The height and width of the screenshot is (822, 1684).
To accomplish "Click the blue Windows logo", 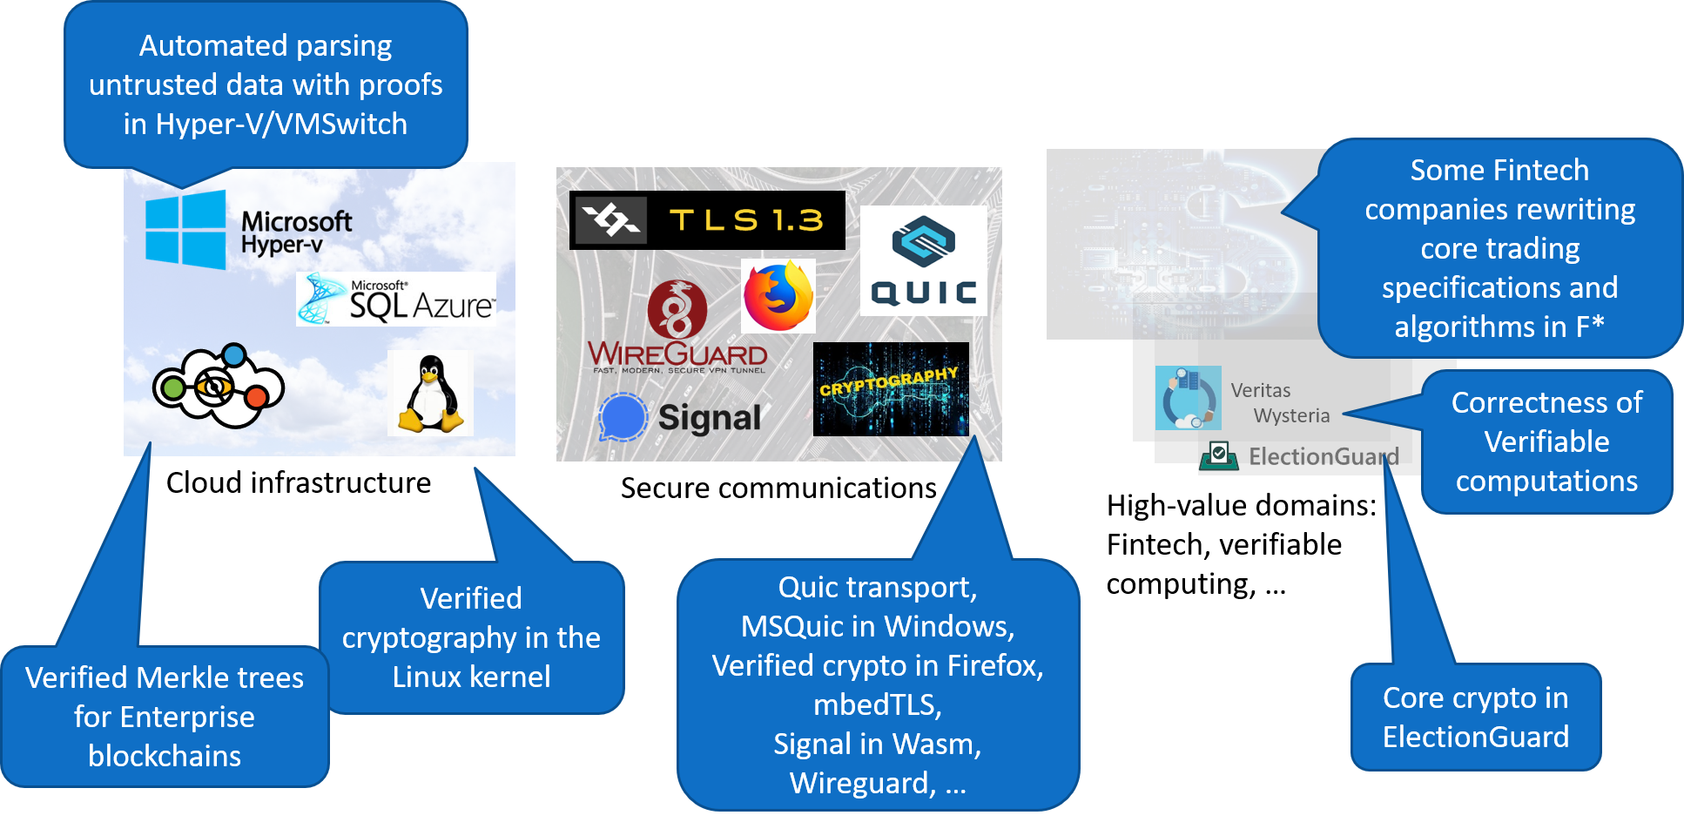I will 185,229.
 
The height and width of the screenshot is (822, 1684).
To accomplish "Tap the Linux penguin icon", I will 430,394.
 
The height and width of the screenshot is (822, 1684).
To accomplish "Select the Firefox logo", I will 778,296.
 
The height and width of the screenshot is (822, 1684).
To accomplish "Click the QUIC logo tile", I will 923,260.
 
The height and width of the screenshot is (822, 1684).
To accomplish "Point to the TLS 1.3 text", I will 746,220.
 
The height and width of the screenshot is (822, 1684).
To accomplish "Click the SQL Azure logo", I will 396,299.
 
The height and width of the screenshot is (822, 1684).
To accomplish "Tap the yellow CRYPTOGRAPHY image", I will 890,388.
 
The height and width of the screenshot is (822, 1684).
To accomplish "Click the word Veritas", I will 1260,390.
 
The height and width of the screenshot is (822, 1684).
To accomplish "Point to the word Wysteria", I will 1291,415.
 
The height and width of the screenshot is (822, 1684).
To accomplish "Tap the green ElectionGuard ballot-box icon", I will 1219,455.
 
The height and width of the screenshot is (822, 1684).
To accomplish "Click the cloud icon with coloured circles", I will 218,387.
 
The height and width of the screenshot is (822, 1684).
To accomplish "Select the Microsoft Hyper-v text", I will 296,232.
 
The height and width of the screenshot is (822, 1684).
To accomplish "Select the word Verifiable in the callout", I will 1546,441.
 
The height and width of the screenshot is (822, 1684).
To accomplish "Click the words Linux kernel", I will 471,677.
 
